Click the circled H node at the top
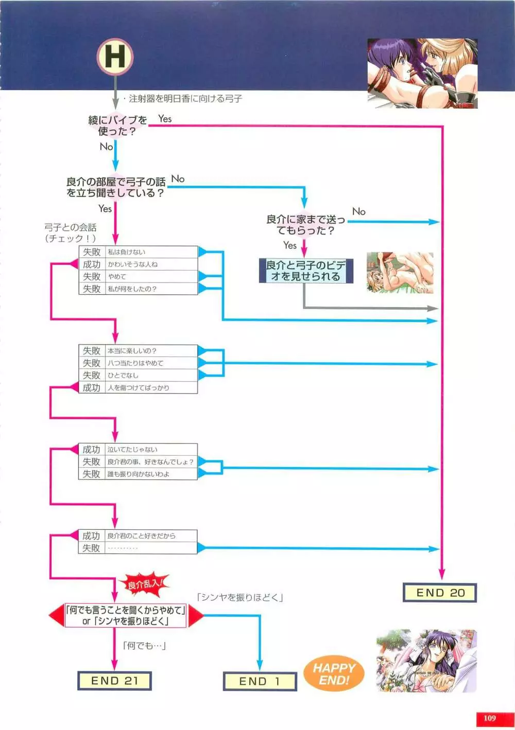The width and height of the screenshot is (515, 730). pyautogui.click(x=115, y=56)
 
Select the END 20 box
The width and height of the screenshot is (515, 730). pyautogui.click(x=439, y=593)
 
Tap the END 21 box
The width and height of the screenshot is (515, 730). pyautogui.click(x=114, y=681)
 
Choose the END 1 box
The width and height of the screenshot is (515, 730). pyautogui.click(x=260, y=681)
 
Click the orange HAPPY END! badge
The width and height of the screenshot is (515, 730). pyautogui.click(x=334, y=674)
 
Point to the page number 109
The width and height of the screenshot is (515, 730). pyautogui.click(x=490, y=718)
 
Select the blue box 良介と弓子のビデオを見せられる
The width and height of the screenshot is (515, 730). pyautogui.click(x=305, y=271)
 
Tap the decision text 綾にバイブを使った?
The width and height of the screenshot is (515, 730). pyautogui.click(x=117, y=126)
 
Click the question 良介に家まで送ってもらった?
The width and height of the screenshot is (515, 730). pyautogui.click(x=305, y=225)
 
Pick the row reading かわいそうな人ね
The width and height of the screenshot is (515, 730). pyautogui.click(x=138, y=264)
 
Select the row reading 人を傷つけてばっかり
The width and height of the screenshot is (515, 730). pyautogui.click(x=138, y=388)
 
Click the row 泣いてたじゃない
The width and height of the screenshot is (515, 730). pyautogui.click(x=138, y=450)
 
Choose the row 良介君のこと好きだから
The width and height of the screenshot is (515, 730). pyautogui.click(x=138, y=536)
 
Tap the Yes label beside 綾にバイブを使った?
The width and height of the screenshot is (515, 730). pyautogui.click(x=165, y=119)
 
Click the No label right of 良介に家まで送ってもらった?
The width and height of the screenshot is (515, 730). pyautogui.click(x=359, y=211)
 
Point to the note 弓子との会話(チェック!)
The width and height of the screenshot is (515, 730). pyautogui.click(x=71, y=233)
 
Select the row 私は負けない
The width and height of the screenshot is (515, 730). pyautogui.click(x=138, y=252)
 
